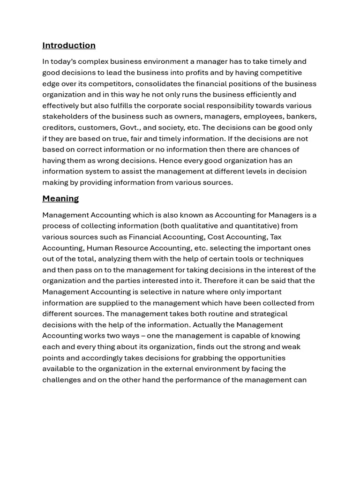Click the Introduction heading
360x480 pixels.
69,45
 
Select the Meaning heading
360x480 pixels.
60,199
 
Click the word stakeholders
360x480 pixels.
64,116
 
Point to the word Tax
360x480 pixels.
276,237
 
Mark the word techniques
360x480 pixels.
284,259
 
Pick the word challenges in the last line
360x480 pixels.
61,380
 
